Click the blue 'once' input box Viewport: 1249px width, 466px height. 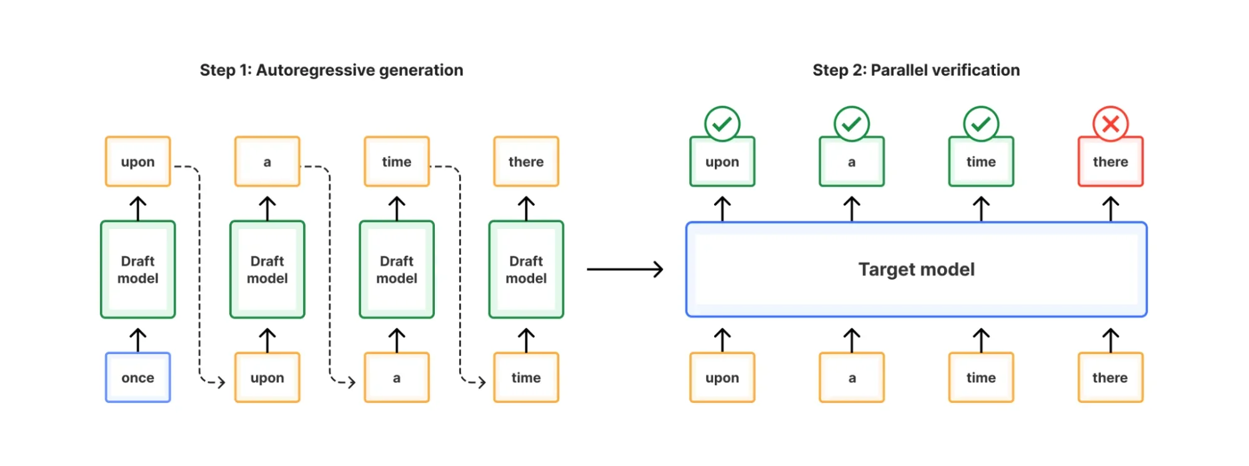coord(137,377)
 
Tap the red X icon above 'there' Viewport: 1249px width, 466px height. coord(1110,123)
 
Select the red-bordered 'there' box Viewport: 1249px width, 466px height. coord(1110,162)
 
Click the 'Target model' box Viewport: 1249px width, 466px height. coord(916,270)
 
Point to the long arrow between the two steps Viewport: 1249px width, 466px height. coord(624,270)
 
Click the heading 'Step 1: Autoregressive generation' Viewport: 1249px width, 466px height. coord(331,70)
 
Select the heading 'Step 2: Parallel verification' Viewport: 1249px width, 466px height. coord(916,70)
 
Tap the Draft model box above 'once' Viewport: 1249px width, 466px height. coord(137,270)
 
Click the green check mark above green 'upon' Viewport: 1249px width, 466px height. coord(722,123)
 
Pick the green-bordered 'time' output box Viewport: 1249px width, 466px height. coord(981,162)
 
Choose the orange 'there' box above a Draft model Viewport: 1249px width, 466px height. coord(526,162)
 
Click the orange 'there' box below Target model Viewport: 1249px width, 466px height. coord(1110,377)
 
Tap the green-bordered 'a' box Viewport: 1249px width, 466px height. coord(852,162)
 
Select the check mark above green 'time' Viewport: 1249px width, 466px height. coord(981,123)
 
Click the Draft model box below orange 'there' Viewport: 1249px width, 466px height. coord(526,270)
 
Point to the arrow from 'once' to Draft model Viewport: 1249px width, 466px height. coord(137,340)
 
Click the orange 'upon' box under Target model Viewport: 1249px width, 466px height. coord(722,377)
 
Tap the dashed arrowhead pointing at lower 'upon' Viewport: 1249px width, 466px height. coord(220,382)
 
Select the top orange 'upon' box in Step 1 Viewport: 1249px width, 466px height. coord(137,162)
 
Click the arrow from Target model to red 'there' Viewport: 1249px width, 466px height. coord(1110,209)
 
